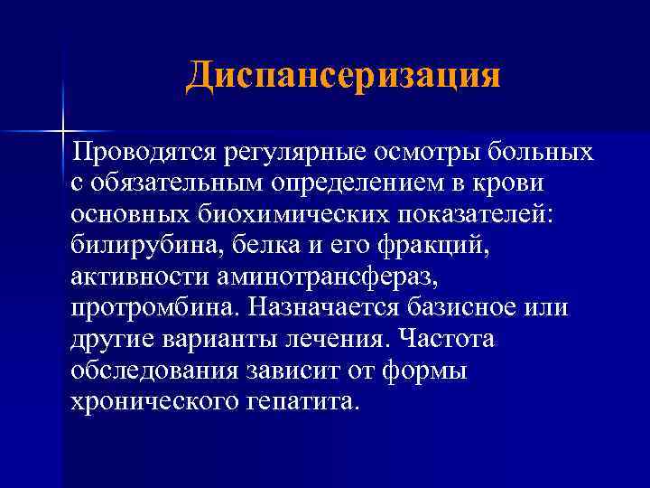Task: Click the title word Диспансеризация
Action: pyautogui.click(x=343, y=76)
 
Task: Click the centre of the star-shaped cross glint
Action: pyautogui.click(x=64, y=131)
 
